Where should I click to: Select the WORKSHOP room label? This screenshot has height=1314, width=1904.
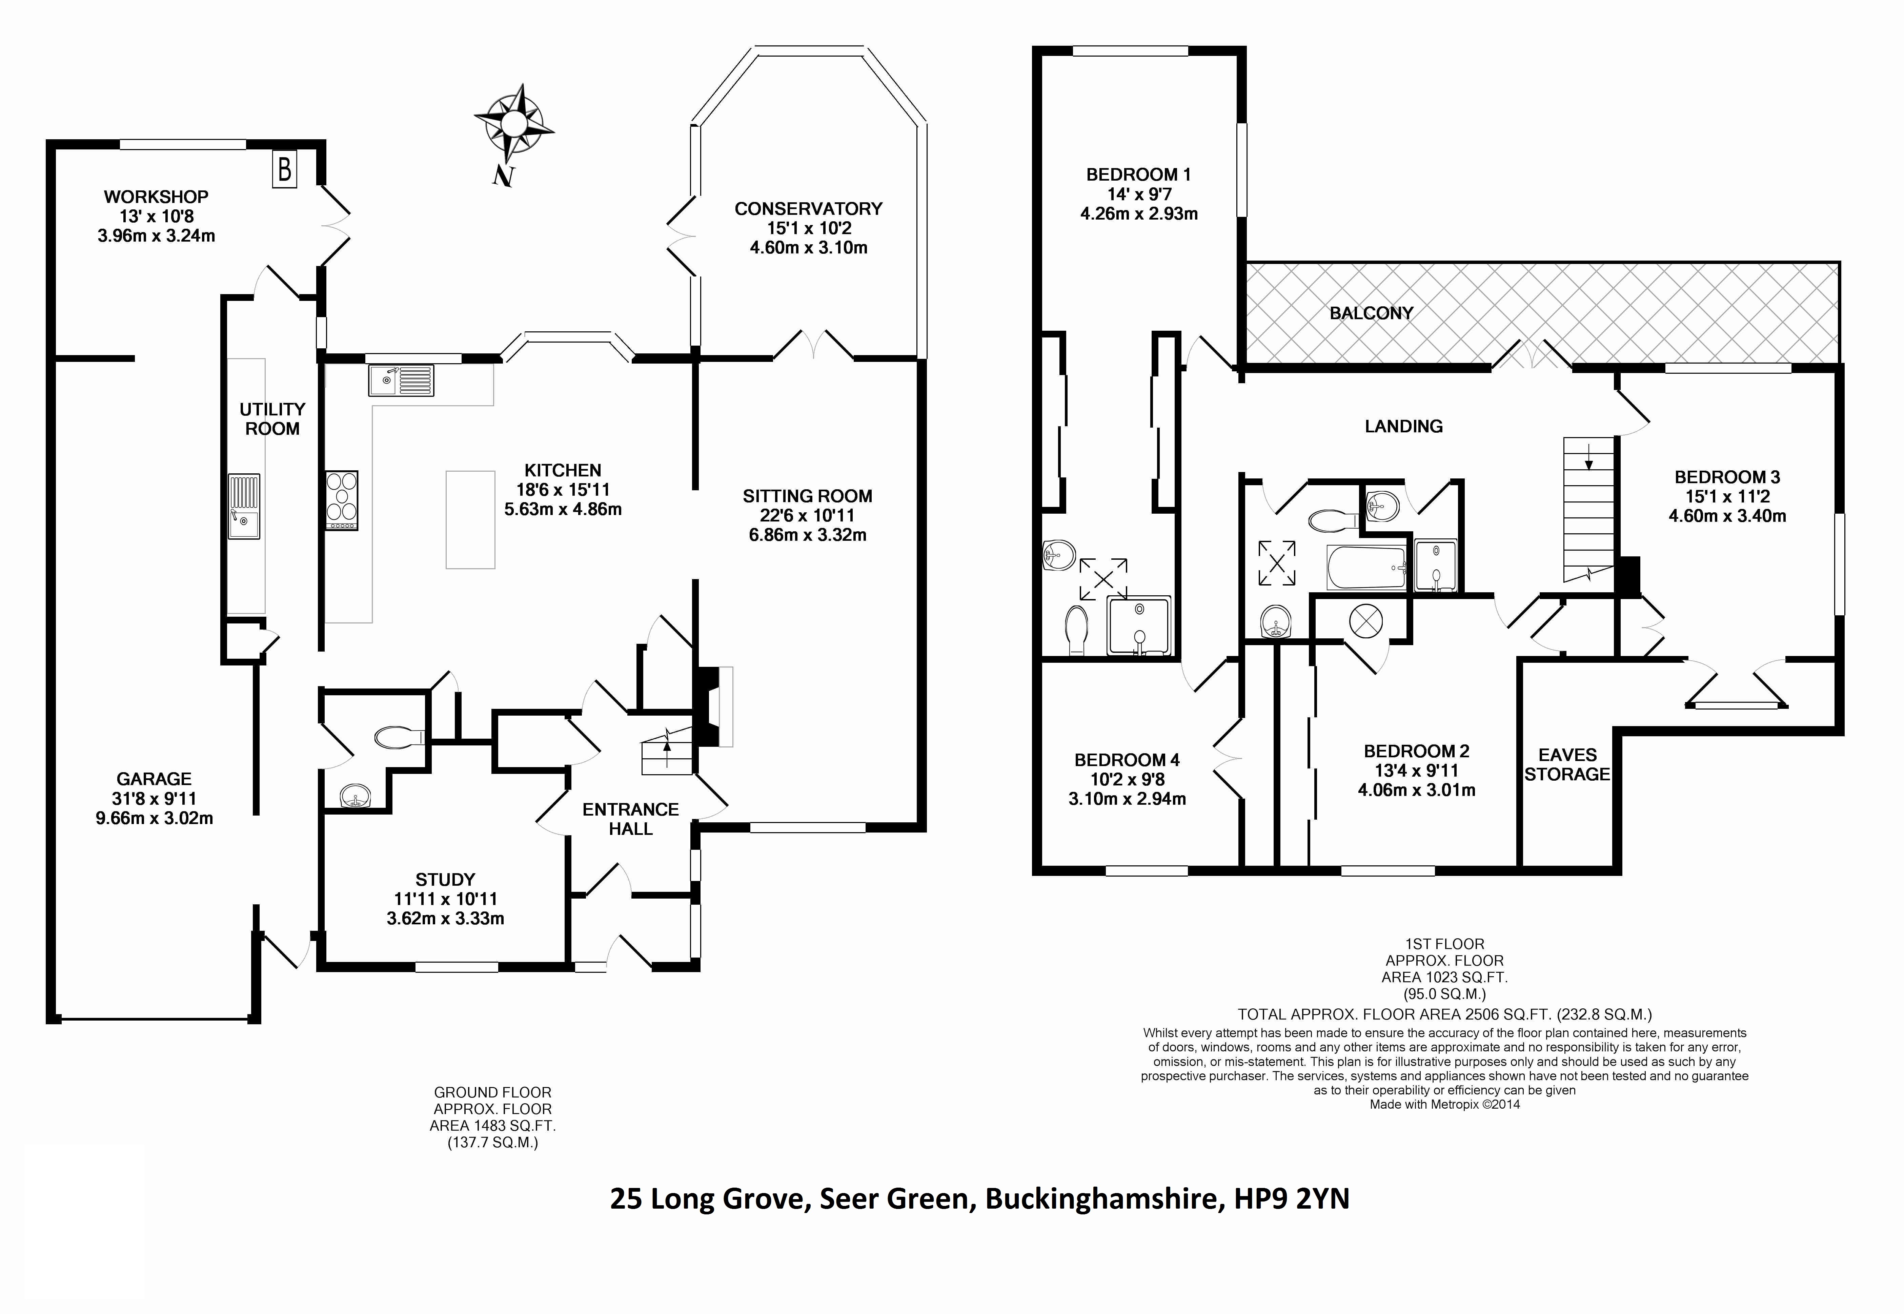point(156,197)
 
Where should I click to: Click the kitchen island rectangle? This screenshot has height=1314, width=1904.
point(470,519)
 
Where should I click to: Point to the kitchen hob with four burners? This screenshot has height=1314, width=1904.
point(342,500)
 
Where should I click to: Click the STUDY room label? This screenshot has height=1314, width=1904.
point(445,879)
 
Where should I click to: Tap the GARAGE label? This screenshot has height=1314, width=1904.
point(154,779)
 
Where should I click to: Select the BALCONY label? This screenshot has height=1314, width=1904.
point(1371,313)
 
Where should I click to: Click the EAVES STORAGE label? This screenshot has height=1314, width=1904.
point(1567,765)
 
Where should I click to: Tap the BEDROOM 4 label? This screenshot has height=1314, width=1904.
point(1127,760)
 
